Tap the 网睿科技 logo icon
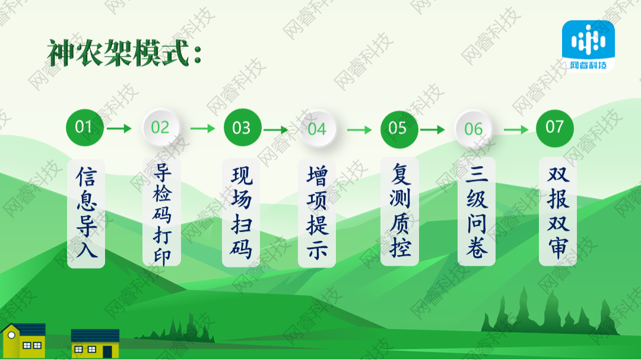click(588, 46)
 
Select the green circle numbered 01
click(84, 127)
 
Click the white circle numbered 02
click(160, 128)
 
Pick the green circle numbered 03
click(242, 128)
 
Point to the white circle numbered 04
click(317, 129)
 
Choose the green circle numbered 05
click(398, 128)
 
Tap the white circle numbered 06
click(473, 129)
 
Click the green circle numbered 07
click(554, 127)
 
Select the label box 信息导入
click(86, 213)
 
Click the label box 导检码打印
click(161, 213)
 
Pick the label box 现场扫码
click(242, 213)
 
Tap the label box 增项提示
click(317, 213)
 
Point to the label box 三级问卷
click(476, 213)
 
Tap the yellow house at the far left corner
click(23, 340)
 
